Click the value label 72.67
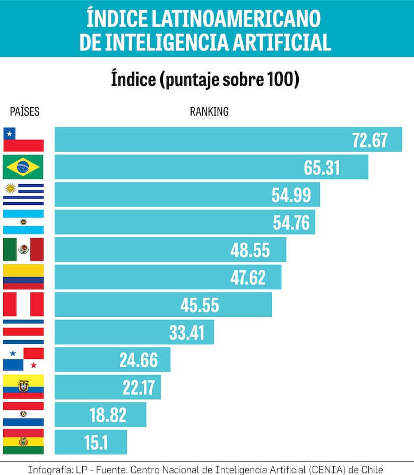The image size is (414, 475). coord(370,140)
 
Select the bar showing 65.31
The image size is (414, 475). coord(211,167)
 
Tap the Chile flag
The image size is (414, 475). coord(23,140)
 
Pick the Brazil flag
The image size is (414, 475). coord(23,167)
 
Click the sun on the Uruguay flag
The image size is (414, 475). coord(10,188)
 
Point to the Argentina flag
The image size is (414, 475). coord(23,222)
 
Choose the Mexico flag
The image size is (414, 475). coord(23,249)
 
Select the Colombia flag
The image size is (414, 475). coord(23,277)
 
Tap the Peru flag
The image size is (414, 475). coord(23,305)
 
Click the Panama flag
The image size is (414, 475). coord(23,360)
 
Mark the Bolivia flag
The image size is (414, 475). coord(23,442)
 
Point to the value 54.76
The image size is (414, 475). coord(291,222)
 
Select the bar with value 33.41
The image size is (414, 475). coord(134,332)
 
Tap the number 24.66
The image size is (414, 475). coord(139,360)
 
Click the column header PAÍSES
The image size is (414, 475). coord(24,111)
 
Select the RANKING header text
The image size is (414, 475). coord(209,111)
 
